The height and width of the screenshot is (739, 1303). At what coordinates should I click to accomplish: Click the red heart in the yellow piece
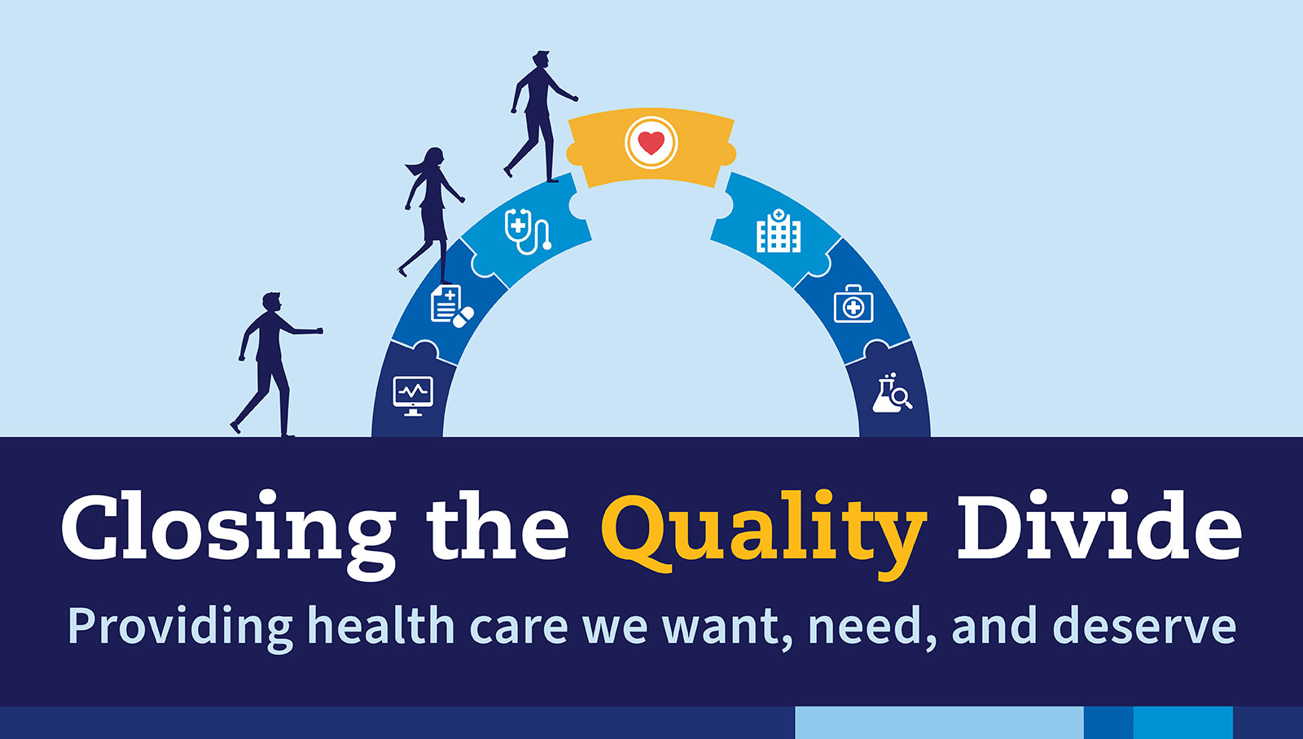click(651, 142)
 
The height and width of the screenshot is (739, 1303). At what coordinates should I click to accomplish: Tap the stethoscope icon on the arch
click(527, 231)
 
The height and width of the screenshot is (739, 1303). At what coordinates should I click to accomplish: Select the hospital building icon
click(779, 231)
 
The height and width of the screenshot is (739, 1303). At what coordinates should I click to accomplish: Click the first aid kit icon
click(853, 304)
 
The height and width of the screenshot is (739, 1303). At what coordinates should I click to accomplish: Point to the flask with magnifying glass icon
click(892, 393)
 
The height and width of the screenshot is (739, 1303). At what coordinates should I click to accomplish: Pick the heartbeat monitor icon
click(413, 396)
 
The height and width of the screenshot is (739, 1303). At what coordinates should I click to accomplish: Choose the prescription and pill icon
click(452, 306)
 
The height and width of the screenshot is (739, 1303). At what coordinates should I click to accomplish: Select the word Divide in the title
click(1099, 526)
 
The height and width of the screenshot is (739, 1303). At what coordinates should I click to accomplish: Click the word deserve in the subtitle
click(1145, 626)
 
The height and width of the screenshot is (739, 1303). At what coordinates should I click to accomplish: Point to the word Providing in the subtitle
click(180, 629)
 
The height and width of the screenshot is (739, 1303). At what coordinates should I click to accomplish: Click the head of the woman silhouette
click(433, 157)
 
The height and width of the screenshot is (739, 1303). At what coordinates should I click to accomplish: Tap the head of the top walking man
click(541, 60)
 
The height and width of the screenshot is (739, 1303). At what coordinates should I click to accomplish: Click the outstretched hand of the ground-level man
click(318, 330)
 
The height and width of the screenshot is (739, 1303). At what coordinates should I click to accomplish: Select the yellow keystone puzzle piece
click(651, 147)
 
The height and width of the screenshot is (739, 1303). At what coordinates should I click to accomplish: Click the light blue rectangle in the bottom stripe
click(939, 723)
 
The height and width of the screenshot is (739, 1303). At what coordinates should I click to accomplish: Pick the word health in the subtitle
click(381, 626)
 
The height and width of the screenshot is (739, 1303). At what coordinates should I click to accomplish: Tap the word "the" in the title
click(498, 526)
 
